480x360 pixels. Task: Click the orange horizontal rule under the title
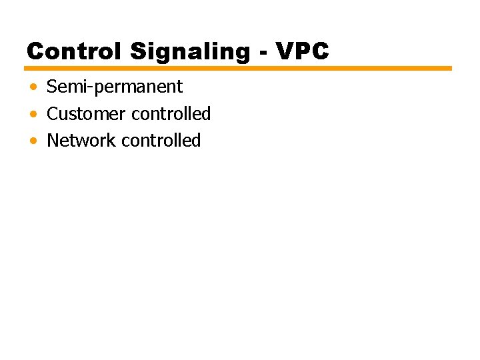[x=238, y=68]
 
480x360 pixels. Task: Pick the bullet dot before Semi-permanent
[x=33, y=87]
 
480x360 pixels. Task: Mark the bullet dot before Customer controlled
[x=33, y=115]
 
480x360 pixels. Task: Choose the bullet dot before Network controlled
[x=33, y=141]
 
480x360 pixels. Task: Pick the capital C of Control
[x=35, y=51]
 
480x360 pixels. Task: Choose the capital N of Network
[x=53, y=141]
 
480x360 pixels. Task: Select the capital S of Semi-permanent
[x=52, y=87]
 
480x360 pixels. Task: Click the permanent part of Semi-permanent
[x=137, y=87]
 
